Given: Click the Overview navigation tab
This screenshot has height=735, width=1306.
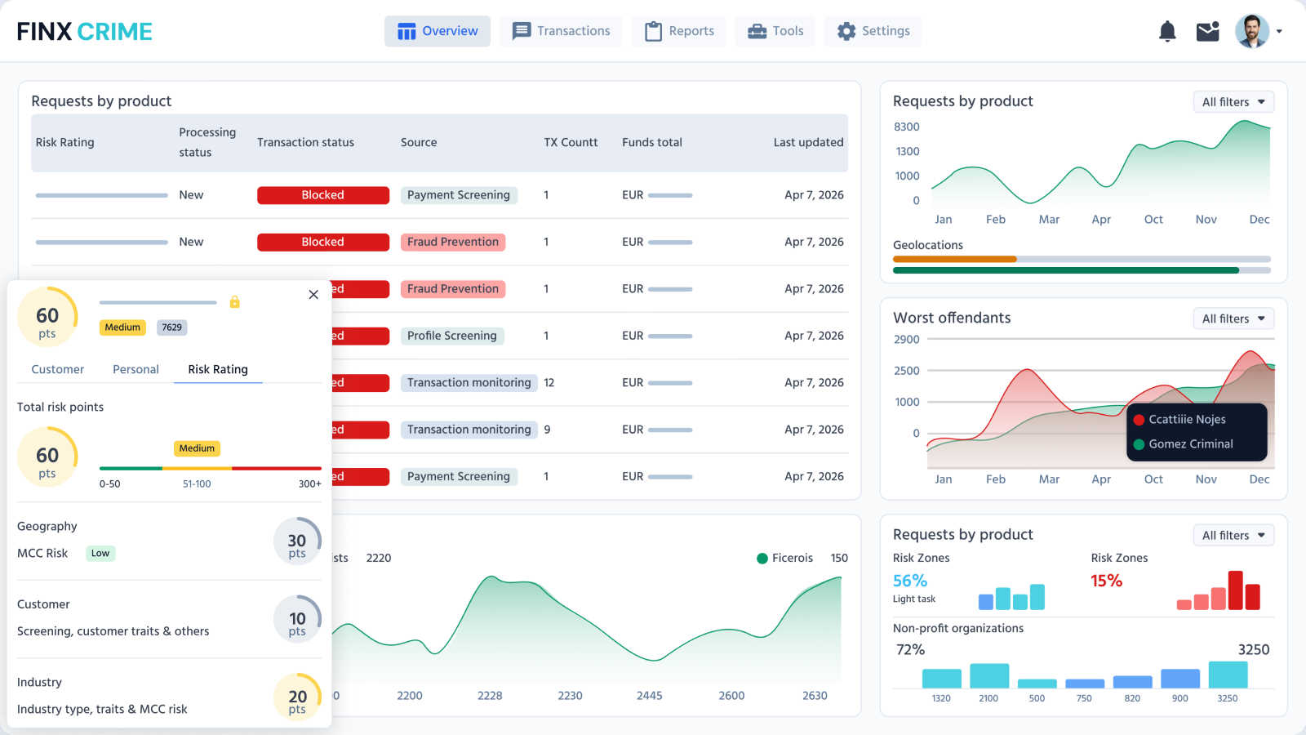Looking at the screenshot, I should coord(438,31).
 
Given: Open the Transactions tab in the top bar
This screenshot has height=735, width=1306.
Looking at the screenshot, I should coord(561,31).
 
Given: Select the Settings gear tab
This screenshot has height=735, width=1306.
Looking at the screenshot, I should coord(873,31).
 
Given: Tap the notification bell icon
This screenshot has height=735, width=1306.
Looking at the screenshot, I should coord(1167,31).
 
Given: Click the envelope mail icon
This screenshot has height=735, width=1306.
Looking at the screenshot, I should coord(1207,31).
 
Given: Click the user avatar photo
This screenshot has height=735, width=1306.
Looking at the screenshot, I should coord(1251,31).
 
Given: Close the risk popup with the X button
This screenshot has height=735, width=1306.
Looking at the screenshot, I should coord(313,295).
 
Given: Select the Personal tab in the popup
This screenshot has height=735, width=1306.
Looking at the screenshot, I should coord(135,369).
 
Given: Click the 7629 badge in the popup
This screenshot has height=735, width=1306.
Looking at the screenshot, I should coord(171,327).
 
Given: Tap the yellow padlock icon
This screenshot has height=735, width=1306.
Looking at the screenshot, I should coord(235,302).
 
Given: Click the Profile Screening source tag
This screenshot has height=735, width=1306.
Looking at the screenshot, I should coord(451,336).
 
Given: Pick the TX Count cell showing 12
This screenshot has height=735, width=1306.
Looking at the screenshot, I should coord(549,382).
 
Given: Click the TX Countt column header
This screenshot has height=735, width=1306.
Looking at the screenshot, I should coord(571,142).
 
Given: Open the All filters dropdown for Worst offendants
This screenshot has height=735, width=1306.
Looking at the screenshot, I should coord(1233,318).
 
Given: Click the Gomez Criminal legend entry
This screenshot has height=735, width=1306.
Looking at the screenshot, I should coord(1190,444).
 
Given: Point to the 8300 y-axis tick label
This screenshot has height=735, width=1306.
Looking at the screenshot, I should coord(906,127).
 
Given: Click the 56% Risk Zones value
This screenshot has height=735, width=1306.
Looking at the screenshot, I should coord(909,581).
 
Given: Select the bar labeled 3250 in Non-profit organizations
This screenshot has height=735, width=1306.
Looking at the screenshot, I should coord(1228,675).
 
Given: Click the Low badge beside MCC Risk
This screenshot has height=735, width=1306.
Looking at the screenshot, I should coord(100,553).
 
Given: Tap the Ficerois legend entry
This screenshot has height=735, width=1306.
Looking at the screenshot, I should coord(784,558).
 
